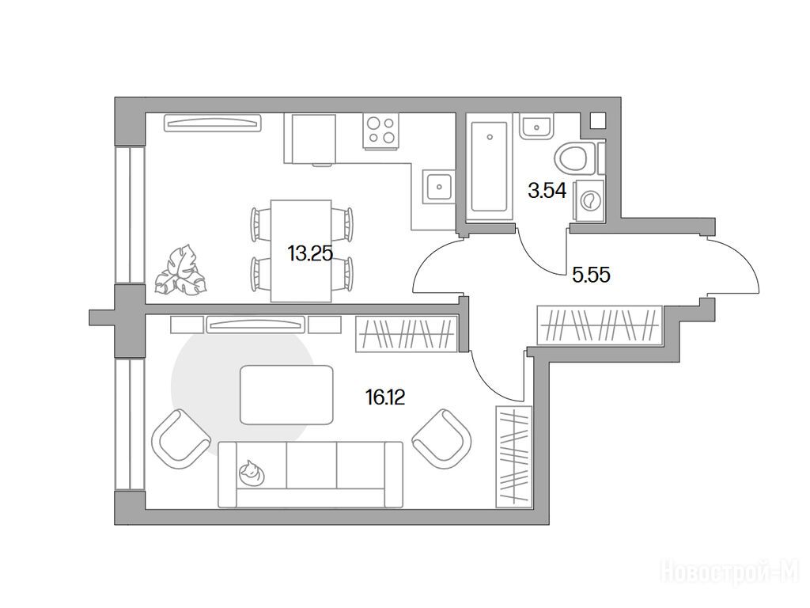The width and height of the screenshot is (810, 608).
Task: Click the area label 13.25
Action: point(310,253)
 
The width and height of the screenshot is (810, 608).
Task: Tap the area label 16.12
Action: point(385,397)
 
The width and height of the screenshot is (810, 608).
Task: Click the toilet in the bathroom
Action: point(573,158)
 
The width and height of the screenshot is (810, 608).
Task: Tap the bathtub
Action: point(489,165)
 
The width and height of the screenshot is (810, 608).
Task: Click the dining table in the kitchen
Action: point(301,250)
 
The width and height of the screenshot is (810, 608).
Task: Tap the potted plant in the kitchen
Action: point(180,272)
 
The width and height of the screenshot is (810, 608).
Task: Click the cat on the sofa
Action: point(251,472)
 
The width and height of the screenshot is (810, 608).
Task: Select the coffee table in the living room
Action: point(287,394)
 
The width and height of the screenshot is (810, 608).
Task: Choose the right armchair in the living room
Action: point(441,437)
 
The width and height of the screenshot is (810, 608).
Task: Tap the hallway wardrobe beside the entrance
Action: point(599,325)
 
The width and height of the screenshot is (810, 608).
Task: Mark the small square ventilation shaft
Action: point(598,121)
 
